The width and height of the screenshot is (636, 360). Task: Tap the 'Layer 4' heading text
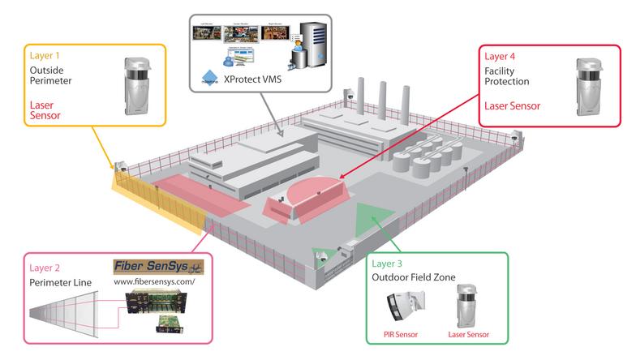tap(500, 57)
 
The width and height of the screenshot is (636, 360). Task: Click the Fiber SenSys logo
tap(158, 266)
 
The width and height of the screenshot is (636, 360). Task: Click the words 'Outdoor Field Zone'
tap(413, 278)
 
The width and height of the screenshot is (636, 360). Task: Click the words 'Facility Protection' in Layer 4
tap(507, 75)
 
